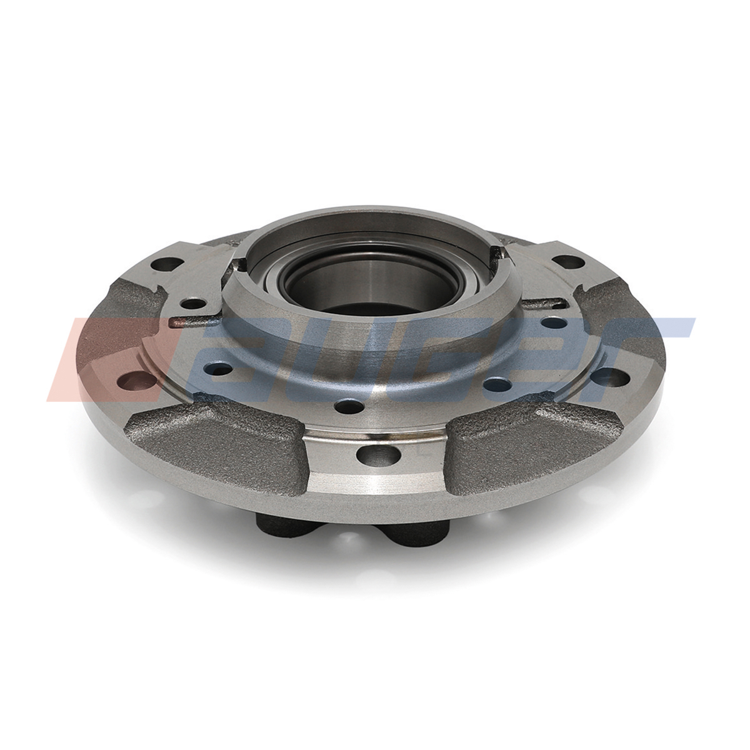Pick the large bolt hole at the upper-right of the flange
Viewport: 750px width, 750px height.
pyautogui.click(x=569, y=261)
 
